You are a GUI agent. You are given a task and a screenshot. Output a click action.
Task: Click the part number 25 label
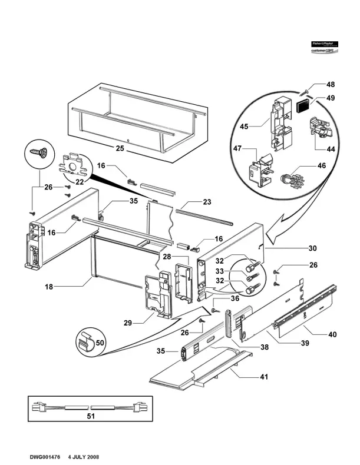click(x=120, y=150)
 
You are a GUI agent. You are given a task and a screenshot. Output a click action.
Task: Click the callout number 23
click(x=206, y=202)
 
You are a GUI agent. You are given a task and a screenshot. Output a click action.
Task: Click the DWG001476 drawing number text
click(x=47, y=457)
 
